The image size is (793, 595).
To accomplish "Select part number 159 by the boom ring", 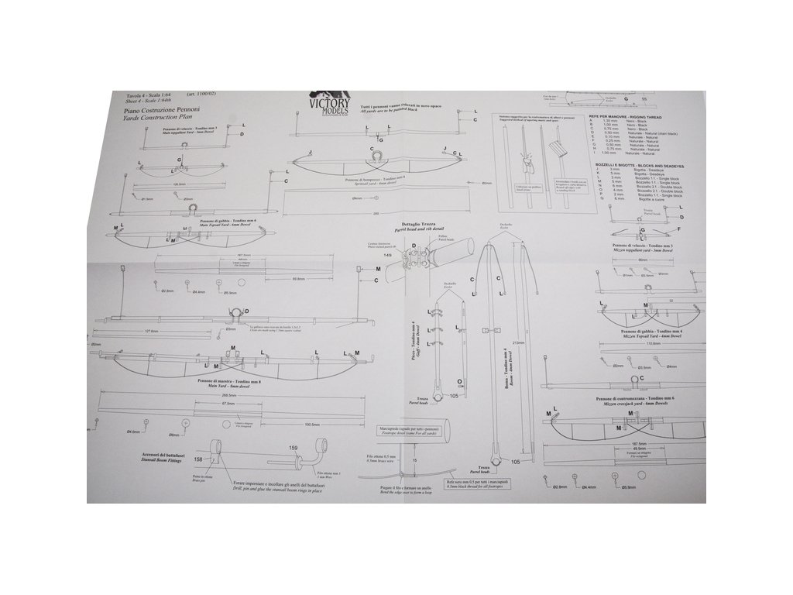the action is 293,448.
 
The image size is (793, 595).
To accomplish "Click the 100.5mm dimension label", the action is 312,424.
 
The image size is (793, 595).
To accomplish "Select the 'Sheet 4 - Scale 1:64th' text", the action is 136,101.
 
